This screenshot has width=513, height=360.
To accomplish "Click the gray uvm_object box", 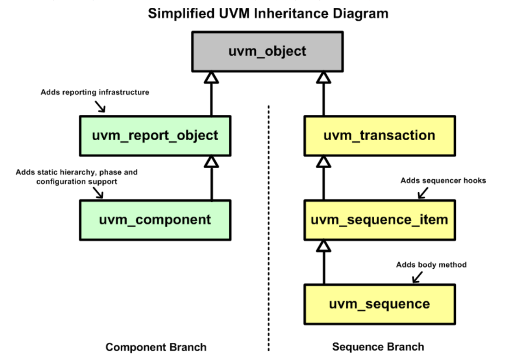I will coord(267,51).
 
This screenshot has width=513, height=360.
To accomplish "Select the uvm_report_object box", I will coord(155,136).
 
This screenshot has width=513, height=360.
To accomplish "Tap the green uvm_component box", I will coord(155,220).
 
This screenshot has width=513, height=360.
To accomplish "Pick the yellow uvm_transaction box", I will coord(379,136).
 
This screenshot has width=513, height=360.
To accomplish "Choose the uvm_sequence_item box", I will coord(379,220).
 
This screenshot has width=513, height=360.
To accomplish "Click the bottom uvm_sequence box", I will coord(379,304).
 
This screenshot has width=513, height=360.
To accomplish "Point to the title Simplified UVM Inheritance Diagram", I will coord(268,13).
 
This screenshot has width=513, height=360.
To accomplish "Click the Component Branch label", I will coord(156,347).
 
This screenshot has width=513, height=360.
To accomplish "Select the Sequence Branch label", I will coord(378,347).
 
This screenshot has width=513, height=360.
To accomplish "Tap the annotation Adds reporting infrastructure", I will coord(95,92).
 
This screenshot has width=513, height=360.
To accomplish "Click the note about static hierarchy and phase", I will coord(77,177).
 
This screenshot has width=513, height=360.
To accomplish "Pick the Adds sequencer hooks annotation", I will coord(443,181).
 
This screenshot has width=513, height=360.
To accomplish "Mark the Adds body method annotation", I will coord(431,265).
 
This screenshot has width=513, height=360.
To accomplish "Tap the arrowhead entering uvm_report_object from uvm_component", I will coord(211,161).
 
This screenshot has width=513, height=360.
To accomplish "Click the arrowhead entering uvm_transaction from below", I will coord(324,161).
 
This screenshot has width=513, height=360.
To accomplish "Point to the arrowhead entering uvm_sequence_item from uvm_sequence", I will coord(324,246).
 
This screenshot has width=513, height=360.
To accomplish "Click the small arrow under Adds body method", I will coord(417,277).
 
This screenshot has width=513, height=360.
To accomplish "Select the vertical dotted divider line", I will coord(268,230).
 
